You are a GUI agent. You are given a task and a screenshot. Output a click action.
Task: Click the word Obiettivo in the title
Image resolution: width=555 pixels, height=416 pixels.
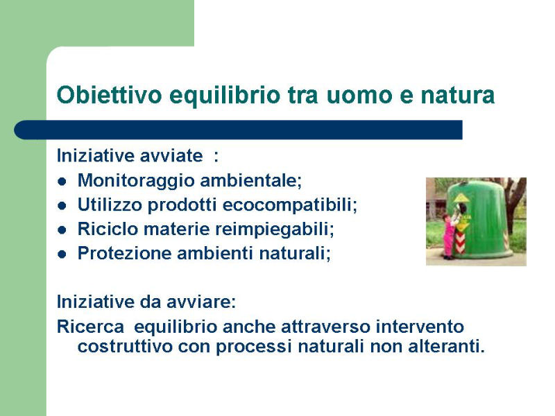pyautogui.click(x=110, y=95)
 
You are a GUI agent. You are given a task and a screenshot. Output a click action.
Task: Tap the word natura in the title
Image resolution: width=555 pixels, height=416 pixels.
pyautogui.click(x=457, y=96)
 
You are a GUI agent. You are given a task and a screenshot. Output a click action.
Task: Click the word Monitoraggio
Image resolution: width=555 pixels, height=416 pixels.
pyautogui.click(x=136, y=181)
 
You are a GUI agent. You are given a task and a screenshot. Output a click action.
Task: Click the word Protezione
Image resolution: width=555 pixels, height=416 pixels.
pyautogui.click(x=124, y=253)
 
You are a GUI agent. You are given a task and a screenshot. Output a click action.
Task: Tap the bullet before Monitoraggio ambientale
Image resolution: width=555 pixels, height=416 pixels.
pyautogui.click(x=62, y=182)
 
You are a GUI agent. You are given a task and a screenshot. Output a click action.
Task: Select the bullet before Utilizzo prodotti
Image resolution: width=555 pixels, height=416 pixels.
pyautogui.click(x=62, y=206)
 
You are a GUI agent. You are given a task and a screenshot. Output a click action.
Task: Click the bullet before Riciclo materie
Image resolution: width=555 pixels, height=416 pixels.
pyautogui.click(x=62, y=230)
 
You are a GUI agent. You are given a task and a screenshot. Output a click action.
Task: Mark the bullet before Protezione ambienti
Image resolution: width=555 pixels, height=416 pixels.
pyautogui.click(x=62, y=254)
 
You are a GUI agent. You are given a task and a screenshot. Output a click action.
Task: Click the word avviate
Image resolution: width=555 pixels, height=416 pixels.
pyautogui.click(x=171, y=156)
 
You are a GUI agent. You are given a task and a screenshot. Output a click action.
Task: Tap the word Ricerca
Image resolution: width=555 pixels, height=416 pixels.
pyautogui.click(x=91, y=327)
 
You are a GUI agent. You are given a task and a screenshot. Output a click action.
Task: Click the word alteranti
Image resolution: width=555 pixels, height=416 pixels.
pyautogui.click(x=446, y=346)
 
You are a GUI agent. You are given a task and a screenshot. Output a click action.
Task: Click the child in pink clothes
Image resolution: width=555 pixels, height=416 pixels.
pyautogui.click(x=450, y=236)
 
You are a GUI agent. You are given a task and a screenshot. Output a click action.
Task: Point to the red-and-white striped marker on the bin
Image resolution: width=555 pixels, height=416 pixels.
pyautogui.click(x=460, y=243)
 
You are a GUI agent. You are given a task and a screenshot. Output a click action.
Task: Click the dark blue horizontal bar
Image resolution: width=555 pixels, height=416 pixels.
pyautogui.click(x=238, y=130)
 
